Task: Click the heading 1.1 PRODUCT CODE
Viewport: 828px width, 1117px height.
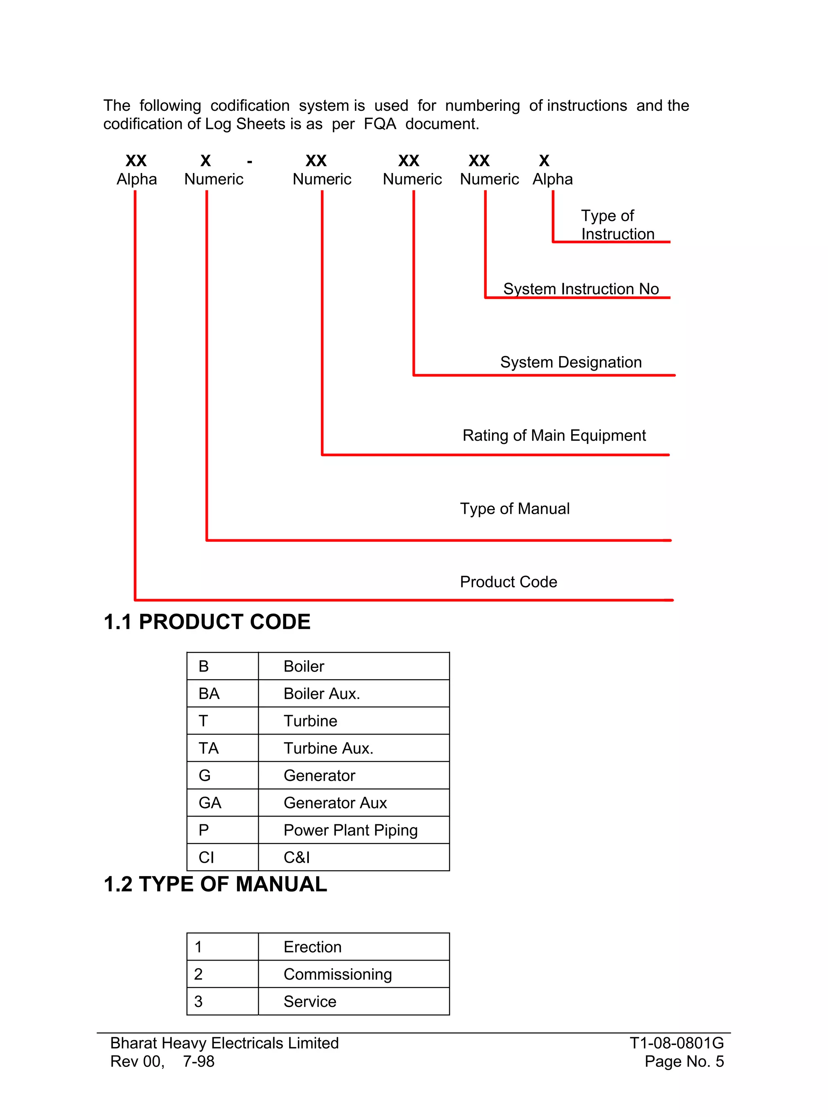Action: pyautogui.click(x=207, y=622)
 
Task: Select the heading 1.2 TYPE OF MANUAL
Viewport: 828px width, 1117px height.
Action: pyautogui.click(x=215, y=885)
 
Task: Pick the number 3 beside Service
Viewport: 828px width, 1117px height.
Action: pyautogui.click(x=199, y=1001)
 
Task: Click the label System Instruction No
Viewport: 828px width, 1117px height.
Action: pyautogui.click(x=581, y=289)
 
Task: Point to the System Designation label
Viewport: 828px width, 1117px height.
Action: pyautogui.click(x=570, y=362)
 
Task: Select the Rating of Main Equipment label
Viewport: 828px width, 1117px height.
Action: pyautogui.click(x=554, y=435)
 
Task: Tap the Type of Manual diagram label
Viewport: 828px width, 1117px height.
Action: pyautogui.click(x=515, y=509)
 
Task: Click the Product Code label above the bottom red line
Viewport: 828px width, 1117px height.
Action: pyautogui.click(x=508, y=582)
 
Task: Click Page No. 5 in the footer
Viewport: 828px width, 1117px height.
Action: pyautogui.click(x=684, y=1061)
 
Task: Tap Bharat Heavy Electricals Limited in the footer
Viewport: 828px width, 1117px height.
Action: pyautogui.click(x=224, y=1043)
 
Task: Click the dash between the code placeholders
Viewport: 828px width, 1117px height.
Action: pyautogui.click(x=249, y=162)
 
